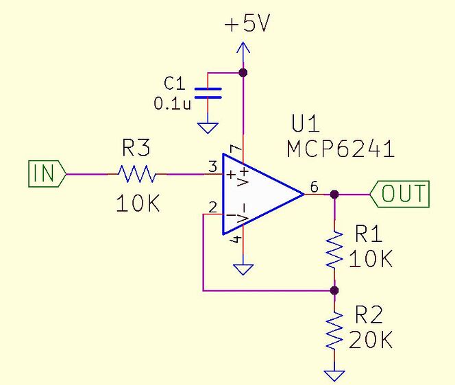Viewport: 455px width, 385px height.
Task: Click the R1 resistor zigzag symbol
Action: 334,250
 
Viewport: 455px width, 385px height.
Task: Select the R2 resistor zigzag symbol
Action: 334,331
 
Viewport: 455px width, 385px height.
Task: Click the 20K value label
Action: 371,339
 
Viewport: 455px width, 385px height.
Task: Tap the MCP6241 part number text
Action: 341,149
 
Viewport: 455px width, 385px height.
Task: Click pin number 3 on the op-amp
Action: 212,166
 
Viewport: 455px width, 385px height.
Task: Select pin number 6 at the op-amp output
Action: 314,186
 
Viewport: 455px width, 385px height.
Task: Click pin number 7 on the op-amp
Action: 234,149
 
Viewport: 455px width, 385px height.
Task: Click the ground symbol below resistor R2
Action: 334,375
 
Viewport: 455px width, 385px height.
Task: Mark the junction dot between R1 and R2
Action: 334,290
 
